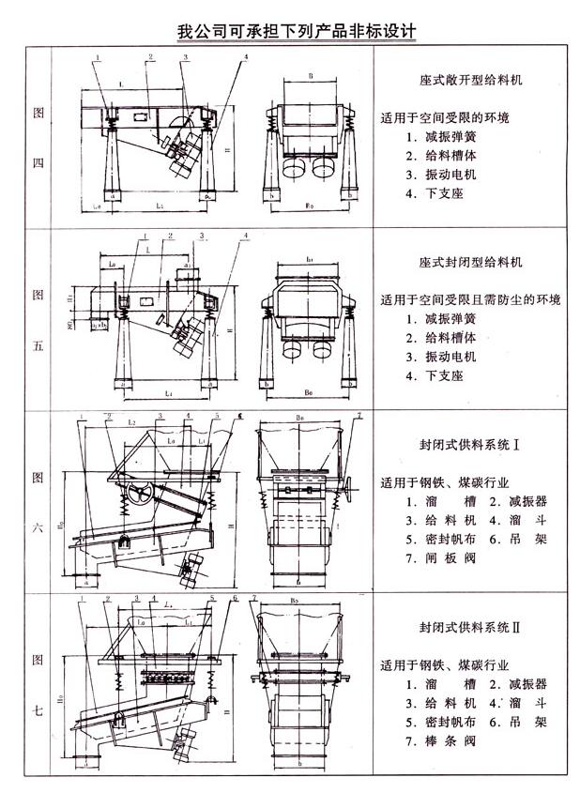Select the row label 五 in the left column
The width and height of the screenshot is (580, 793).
[x=38, y=345]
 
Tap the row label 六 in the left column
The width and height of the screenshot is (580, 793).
[x=38, y=527]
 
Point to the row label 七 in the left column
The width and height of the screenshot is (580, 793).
[x=38, y=709]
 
